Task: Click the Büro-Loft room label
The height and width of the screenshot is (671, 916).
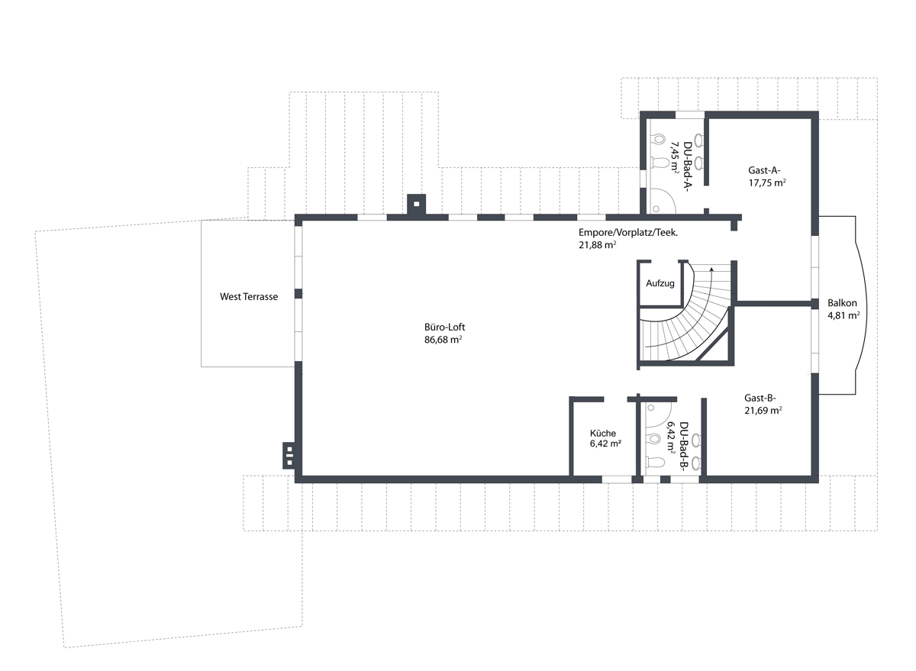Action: tap(444, 327)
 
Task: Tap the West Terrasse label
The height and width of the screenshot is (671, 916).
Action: tap(249, 296)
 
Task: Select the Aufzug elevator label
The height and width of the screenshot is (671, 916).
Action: tap(660, 283)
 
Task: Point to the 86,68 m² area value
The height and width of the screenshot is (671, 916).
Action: tap(443, 340)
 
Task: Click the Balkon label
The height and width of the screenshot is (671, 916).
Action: tap(842, 303)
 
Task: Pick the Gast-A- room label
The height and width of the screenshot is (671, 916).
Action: tap(764, 170)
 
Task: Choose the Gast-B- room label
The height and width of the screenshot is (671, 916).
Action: tap(760, 398)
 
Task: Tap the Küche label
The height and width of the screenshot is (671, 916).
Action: tap(603, 433)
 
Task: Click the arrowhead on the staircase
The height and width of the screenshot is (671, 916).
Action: tap(711, 269)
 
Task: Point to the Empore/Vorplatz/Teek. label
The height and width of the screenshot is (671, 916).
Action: tap(628, 233)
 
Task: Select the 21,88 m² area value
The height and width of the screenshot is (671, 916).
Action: tap(598, 245)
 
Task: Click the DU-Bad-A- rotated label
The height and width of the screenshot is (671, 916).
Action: tap(688, 168)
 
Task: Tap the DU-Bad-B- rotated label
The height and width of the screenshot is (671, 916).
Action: tap(684, 446)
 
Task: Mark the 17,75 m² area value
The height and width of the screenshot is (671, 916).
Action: tap(767, 182)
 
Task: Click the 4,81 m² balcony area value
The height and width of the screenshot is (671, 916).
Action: tap(843, 315)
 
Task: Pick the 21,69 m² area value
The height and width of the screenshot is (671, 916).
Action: tap(763, 410)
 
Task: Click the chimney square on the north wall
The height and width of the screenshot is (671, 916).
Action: tap(416, 204)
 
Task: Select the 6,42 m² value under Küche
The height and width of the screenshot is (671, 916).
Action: tap(605, 444)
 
